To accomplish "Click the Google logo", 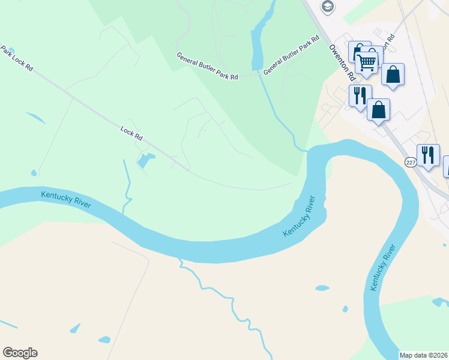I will point(20,353).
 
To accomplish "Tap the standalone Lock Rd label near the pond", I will point(131,133).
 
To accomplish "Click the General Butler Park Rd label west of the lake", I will point(207,67).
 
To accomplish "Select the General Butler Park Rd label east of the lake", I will point(291,55).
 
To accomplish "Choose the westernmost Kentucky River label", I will point(66,199).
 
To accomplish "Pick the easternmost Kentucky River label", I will point(382,268).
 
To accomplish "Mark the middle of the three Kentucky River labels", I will point(299,216).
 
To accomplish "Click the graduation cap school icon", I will point(327,7).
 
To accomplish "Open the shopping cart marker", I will point(367,62).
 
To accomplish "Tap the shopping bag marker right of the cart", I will point(393,74).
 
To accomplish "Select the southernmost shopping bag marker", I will point(378,110).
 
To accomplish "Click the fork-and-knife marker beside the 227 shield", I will point(428,155).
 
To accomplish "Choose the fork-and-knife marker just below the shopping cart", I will point(360,96).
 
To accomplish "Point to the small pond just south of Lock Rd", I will point(145,160).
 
